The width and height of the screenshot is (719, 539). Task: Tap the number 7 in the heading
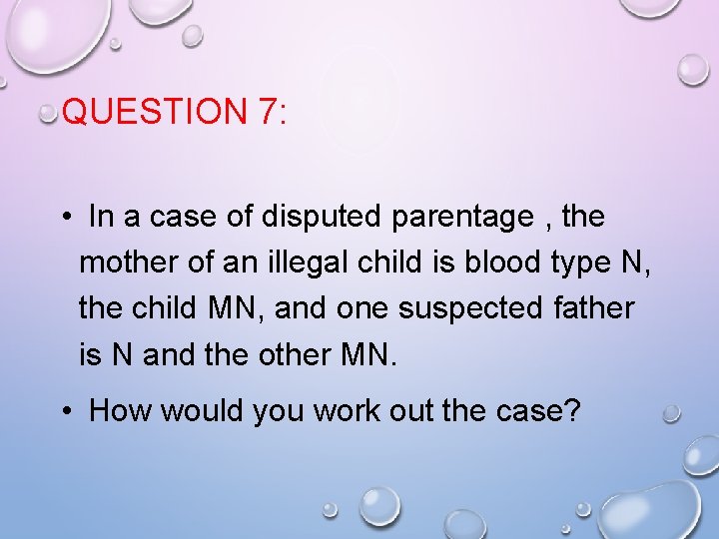pyautogui.click(x=266, y=112)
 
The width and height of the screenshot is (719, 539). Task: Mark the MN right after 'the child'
pyautogui.click(x=236, y=308)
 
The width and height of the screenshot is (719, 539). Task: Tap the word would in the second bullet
pyautogui.click(x=198, y=410)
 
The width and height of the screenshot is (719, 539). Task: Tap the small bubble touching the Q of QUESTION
pyautogui.click(x=48, y=115)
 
